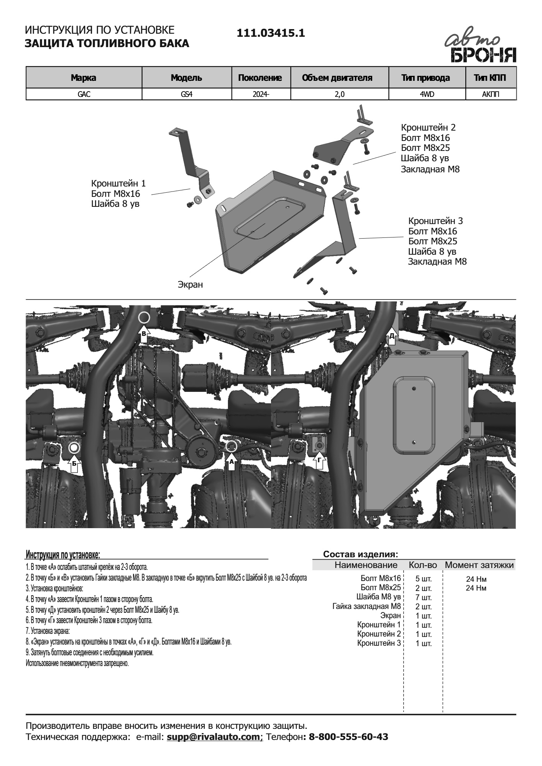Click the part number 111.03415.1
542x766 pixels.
tap(271, 33)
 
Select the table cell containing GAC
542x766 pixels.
tap(84, 94)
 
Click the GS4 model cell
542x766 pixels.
tap(187, 94)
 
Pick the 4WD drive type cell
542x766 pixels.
tap(427, 94)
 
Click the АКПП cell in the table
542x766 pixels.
tap(491, 94)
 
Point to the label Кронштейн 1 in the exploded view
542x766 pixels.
tap(118, 183)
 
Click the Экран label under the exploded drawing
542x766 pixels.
tap(190, 285)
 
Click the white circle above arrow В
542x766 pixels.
tap(144, 317)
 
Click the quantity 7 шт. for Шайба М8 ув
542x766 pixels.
tap(423, 598)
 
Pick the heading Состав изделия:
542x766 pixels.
tap(360, 554)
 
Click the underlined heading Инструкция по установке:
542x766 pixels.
tap(63, 555)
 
